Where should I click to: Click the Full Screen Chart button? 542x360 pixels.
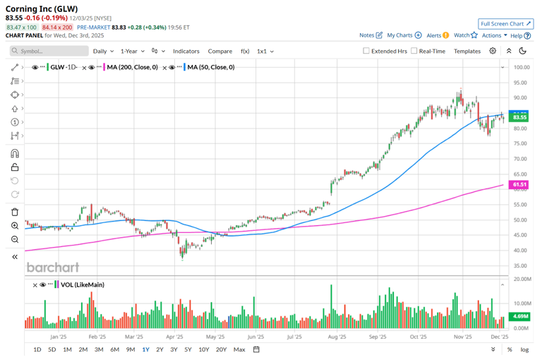click(x=505, y=23)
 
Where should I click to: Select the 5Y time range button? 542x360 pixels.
click(x=188, y=349)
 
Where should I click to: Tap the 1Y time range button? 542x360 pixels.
click(x=145, y=349)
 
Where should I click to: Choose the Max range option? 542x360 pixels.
click(x=239, y=349)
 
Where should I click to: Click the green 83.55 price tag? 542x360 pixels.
click(x=520, y=117)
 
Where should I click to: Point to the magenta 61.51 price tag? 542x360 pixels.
click(x=520, y=185)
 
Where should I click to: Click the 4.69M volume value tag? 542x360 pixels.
click(x=520, y=317)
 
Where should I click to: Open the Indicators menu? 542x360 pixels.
click(x=186, y=51)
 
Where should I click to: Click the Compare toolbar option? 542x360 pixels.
click(x=220, y=51)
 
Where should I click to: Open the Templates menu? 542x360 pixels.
click(x=467, y=51)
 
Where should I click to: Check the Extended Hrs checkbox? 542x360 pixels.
click(x=366, y=51)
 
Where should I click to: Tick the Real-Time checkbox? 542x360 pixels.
click(x=414, y=51)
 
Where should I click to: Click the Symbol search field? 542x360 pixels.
click(x=49, y=51)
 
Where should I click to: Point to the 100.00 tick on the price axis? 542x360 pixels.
click(x=522, y=68)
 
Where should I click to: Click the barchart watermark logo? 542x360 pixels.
click(x=53, y=267)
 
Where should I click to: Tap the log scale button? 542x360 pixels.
click(x=524, y=349)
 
